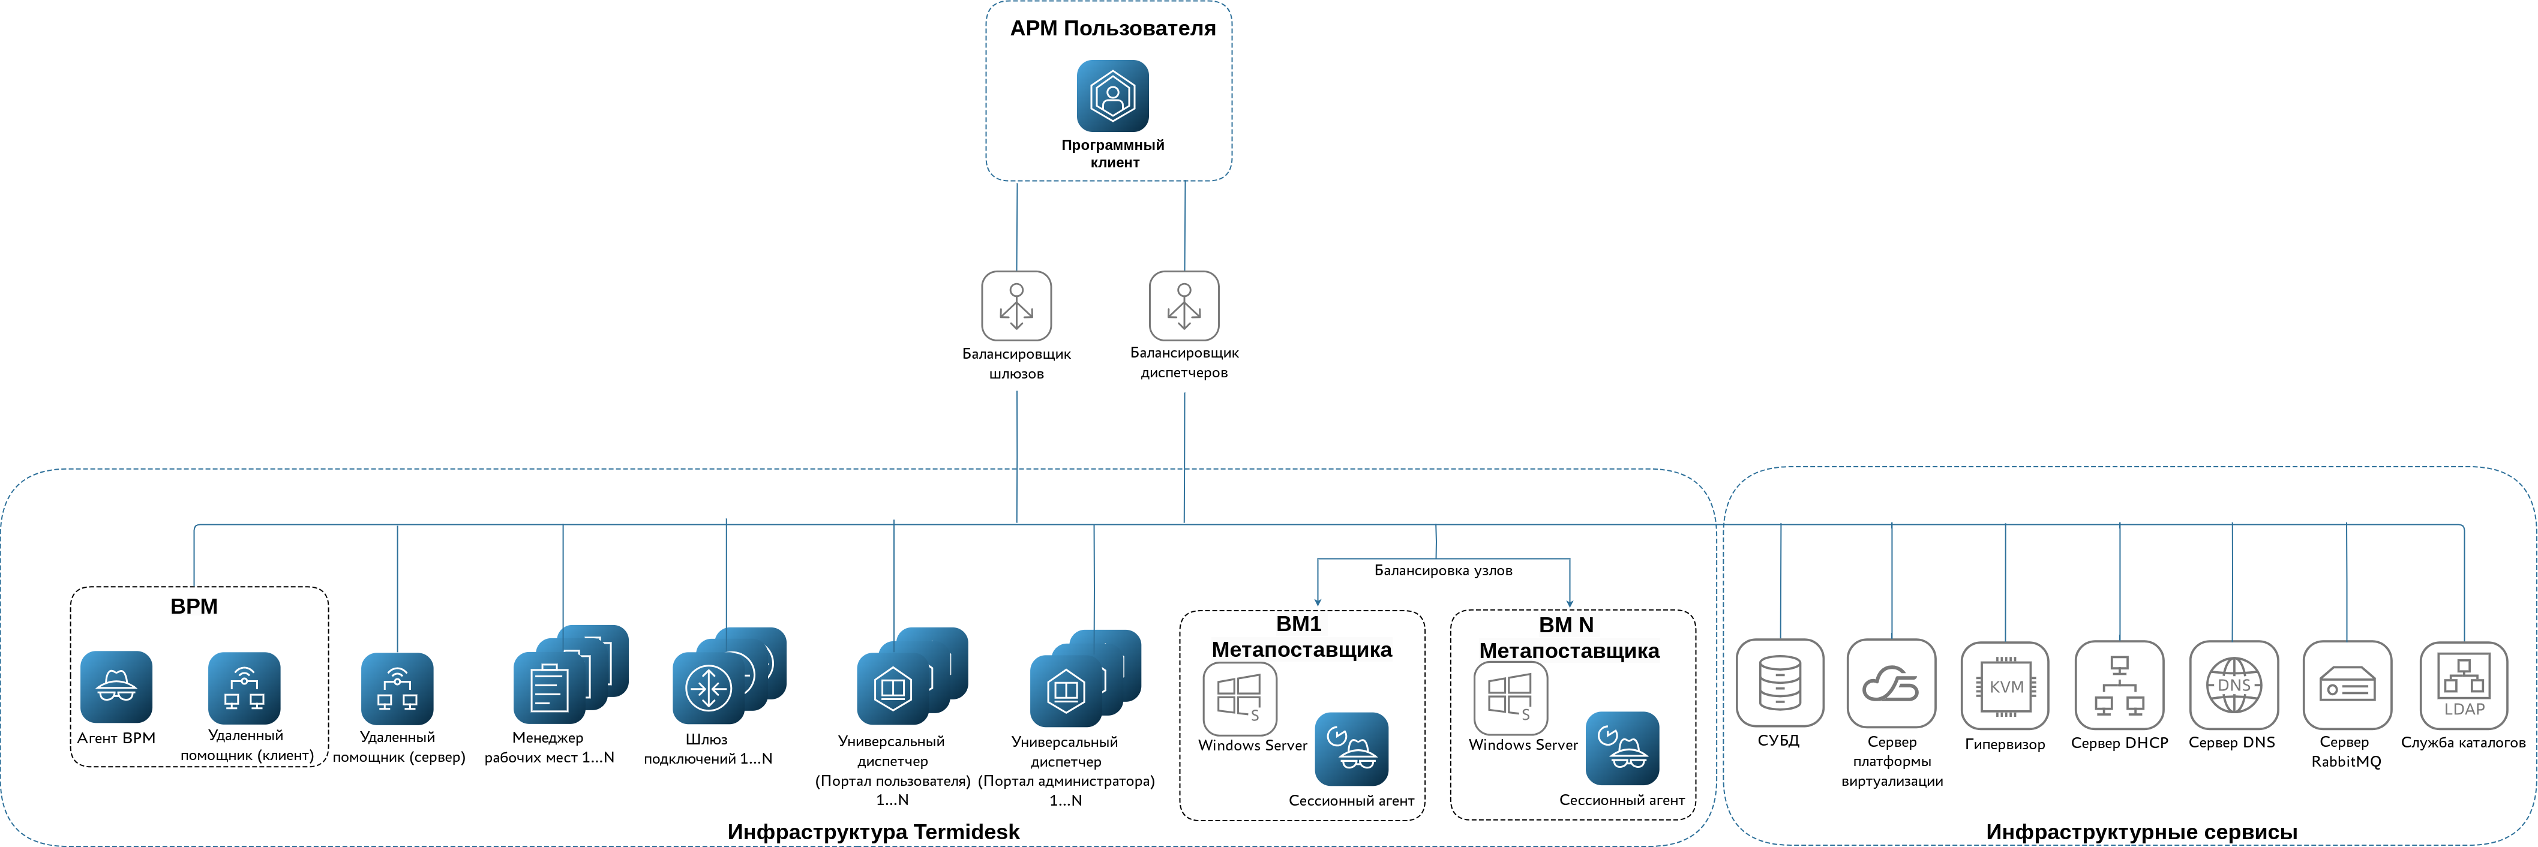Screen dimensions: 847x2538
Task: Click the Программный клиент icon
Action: (1112, 95)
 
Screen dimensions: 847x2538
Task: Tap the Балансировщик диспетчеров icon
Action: (1184, 305)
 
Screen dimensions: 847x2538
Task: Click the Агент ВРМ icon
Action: (116, 686)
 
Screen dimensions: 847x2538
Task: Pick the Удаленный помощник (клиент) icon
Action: (244, 687)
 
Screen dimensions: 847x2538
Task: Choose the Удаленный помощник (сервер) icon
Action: (397, 689)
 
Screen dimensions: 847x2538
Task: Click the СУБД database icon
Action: (1780, 683)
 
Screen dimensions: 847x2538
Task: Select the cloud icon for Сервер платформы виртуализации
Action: (1891, 683)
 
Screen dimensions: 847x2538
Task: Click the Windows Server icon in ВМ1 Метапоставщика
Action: (1240, 698)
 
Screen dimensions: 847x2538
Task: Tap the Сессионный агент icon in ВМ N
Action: (1622, 749)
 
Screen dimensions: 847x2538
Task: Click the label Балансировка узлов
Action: (1442, 570)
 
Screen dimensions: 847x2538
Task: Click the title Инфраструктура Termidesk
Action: (873, 831)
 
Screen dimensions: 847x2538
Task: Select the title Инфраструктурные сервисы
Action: (2141, 831)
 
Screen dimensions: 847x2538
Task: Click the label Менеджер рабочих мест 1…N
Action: (549, 747)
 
